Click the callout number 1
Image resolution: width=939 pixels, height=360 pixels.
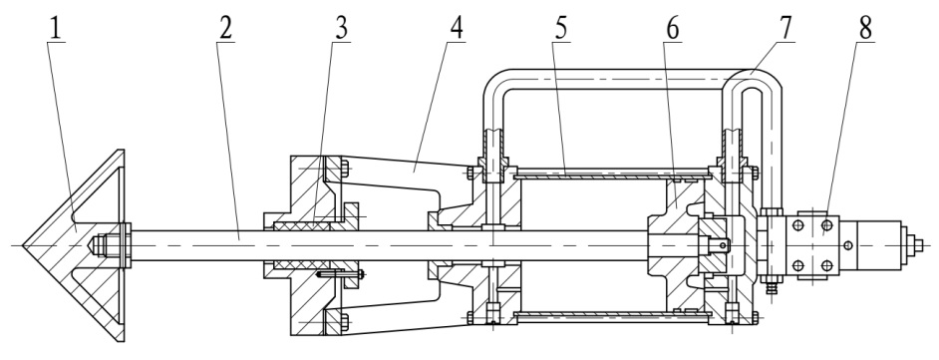(56, 29)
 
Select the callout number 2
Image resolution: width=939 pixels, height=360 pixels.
(225, 29)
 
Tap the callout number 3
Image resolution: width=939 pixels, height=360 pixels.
(342, 29)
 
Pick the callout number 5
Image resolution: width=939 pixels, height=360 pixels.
(561, 29)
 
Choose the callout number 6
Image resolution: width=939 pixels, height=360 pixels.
(673, 29)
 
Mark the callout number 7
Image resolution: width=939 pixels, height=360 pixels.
(785, 29)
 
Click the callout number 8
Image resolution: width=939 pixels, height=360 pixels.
(866, 29)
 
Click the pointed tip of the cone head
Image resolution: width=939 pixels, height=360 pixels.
(23, 245)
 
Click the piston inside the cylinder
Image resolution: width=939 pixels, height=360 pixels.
(676, 245)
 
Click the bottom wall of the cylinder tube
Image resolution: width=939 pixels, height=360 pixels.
(612, 315)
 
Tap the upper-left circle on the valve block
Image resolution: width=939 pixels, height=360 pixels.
(797, 225)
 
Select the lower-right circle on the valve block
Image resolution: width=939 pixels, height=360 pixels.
(827, 264)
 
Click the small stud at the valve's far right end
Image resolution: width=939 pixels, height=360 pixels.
(919, 245)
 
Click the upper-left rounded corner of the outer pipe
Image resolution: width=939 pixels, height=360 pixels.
(494, 80)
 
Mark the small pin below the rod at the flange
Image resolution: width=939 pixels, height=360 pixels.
(340, 275)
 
